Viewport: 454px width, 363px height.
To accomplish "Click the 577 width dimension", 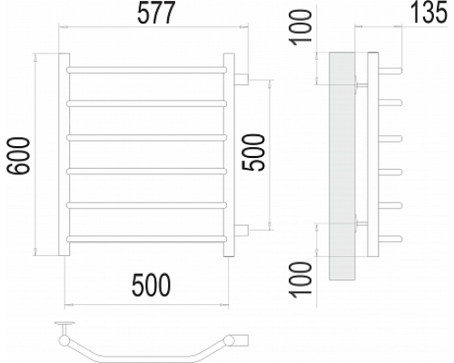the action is [156, 13].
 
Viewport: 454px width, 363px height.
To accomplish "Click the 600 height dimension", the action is [19, 156].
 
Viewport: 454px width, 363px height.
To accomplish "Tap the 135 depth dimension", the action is [429, 13].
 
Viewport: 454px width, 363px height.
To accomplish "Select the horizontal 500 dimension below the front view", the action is [151, 285].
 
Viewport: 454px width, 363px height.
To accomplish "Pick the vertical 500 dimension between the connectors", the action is [253, 152].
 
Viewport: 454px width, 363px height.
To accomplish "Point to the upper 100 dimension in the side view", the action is [301, 27].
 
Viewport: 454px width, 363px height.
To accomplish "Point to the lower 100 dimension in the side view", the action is [301, 280].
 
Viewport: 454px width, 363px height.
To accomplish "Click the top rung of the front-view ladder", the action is [146, 70].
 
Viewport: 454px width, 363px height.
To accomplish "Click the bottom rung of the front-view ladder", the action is [146, 239].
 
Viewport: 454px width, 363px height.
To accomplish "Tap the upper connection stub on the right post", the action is [242, 79].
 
